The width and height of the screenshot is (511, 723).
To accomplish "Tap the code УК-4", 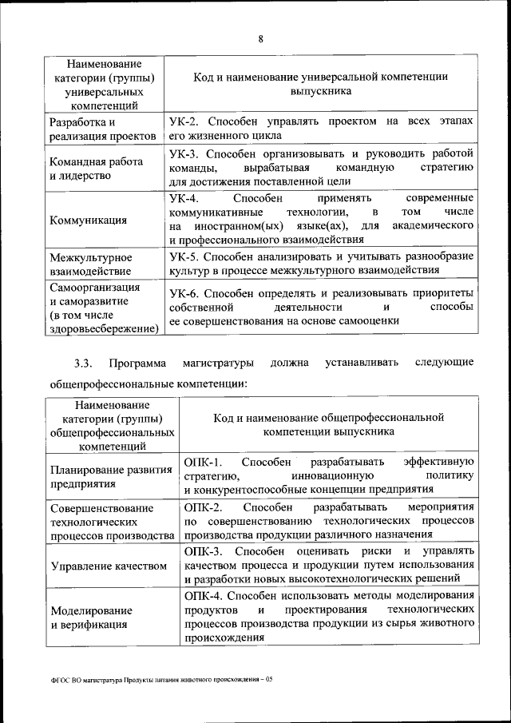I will (185, 197).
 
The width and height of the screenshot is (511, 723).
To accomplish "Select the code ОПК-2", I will (200, 507).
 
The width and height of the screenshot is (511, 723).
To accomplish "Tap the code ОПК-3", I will (200, 552).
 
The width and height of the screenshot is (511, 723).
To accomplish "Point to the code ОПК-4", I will (200, 597).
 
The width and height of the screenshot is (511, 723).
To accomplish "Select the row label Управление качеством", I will (108, 566).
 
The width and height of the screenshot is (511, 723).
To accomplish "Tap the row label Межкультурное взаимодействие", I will (90, 264).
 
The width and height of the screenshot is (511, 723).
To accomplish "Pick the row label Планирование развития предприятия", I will (100, 476).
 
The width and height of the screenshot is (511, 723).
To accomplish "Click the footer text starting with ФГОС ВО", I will (160, 680).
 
